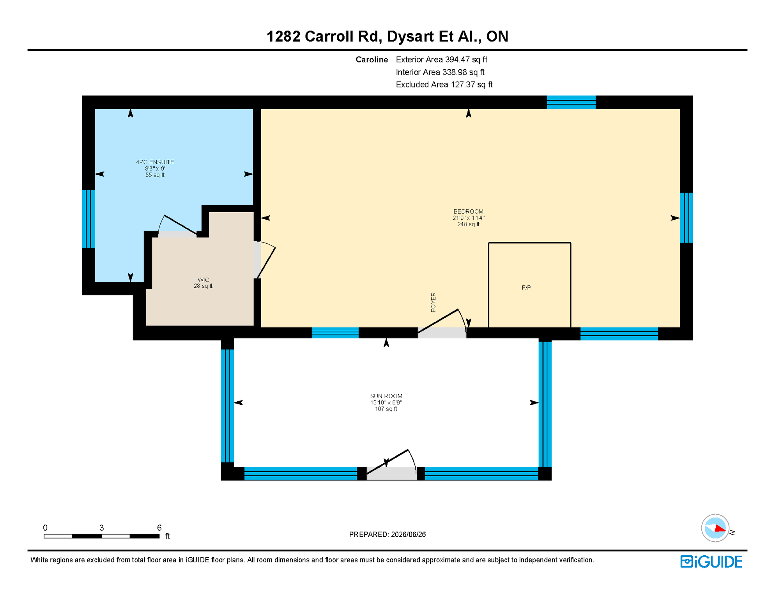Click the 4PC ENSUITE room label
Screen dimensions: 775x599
tap(155, 162)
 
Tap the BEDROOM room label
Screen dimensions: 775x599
tap(468, 211)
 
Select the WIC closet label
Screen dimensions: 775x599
tap(203, 280)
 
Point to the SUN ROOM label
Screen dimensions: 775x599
tap(386, 396)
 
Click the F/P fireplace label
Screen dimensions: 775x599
tap(526, 287)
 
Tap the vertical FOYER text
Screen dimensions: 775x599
tap(433, 302)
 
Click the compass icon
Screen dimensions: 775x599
tap(715, 528)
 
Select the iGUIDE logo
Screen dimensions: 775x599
tap(711, 562)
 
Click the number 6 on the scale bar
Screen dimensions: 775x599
tap(159, 528)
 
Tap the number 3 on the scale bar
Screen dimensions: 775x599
tap(102, 528)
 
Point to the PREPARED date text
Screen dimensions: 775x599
tap(387, 534)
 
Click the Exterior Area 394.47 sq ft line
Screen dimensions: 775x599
tap(442, 60)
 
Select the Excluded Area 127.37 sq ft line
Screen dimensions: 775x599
tap(444, 85)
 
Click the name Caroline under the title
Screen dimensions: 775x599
tap(372, 60)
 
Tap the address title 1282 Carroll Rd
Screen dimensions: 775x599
tap(323, 36)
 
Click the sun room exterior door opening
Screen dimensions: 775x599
tap(391, 473)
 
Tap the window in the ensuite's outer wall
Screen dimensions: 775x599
tap(88, 219)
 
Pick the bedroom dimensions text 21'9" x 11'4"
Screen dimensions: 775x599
tap(468, 218)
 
